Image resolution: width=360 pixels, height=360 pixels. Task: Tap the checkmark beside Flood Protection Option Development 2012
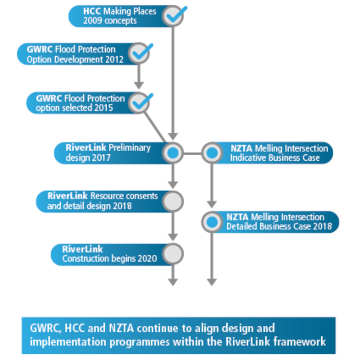pos(139,54)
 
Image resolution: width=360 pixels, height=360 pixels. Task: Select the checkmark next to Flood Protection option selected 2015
pos(139,103)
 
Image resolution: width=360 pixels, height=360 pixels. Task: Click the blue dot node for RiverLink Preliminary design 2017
pos(172,153)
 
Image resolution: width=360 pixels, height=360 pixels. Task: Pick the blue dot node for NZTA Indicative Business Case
pos(211,153)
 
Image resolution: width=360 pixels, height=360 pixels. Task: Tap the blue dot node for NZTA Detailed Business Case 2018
pos(211,222)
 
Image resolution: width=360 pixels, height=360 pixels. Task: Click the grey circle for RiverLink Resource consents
pos(172,201)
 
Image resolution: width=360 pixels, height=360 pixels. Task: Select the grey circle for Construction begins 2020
pos(172,254)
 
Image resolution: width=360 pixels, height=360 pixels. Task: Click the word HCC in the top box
pos(92,11)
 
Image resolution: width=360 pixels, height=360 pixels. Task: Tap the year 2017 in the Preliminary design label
pos(101,158)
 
